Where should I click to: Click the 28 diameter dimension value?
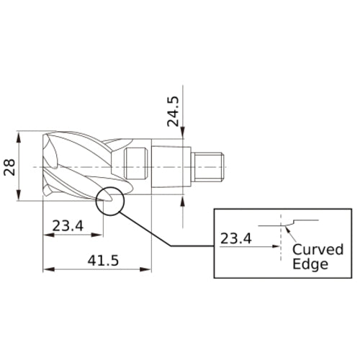[x=9, y=167]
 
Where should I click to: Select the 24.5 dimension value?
[x=173, y=109]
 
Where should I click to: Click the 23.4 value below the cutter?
[x=68, y=226]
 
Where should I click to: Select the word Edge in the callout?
[x=310, y=264]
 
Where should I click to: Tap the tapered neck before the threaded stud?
[x=173, y=166]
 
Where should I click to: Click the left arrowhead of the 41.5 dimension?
[x=47, y=270]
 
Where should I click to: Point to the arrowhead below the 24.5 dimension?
[x=184, y=132]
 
